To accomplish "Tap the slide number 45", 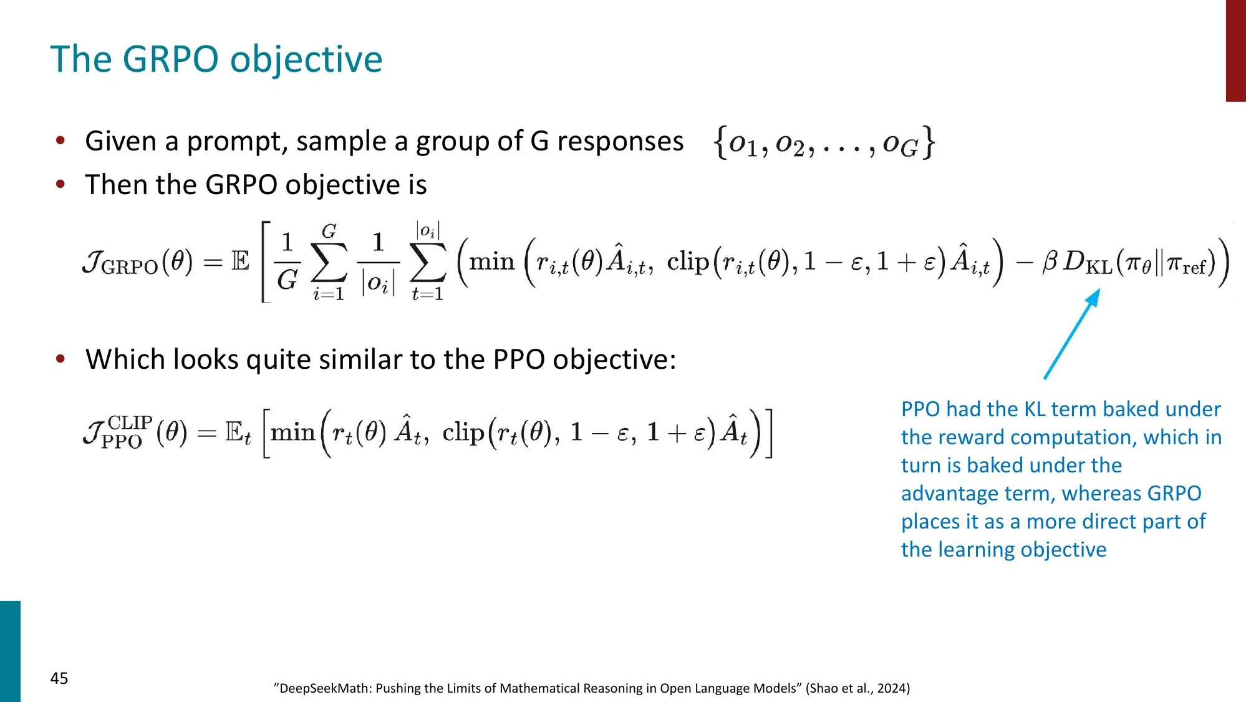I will pyautogui.click(x=59, y=678).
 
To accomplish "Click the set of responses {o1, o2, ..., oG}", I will pyautogui.click(x=824, y=143).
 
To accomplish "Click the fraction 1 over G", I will pyautogui.click(x=287, y=261).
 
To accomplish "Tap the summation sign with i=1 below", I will pyautogui.click(x=329, y=263).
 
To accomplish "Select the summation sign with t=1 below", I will pyautogui.click(x=428, y=263).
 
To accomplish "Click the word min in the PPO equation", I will pyautogui.click(x=292, y=432).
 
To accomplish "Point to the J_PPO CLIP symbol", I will pyautogui.click(x=118, y=432).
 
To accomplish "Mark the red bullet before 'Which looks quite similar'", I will pyautogui.click(x=60, y=359).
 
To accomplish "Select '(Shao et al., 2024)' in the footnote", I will pyautogui.click(x=857, y=688).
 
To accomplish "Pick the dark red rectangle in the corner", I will pyautogui.click(x=1235, y=51).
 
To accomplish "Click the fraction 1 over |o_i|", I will pyautogui.click(x=378, y=262).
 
